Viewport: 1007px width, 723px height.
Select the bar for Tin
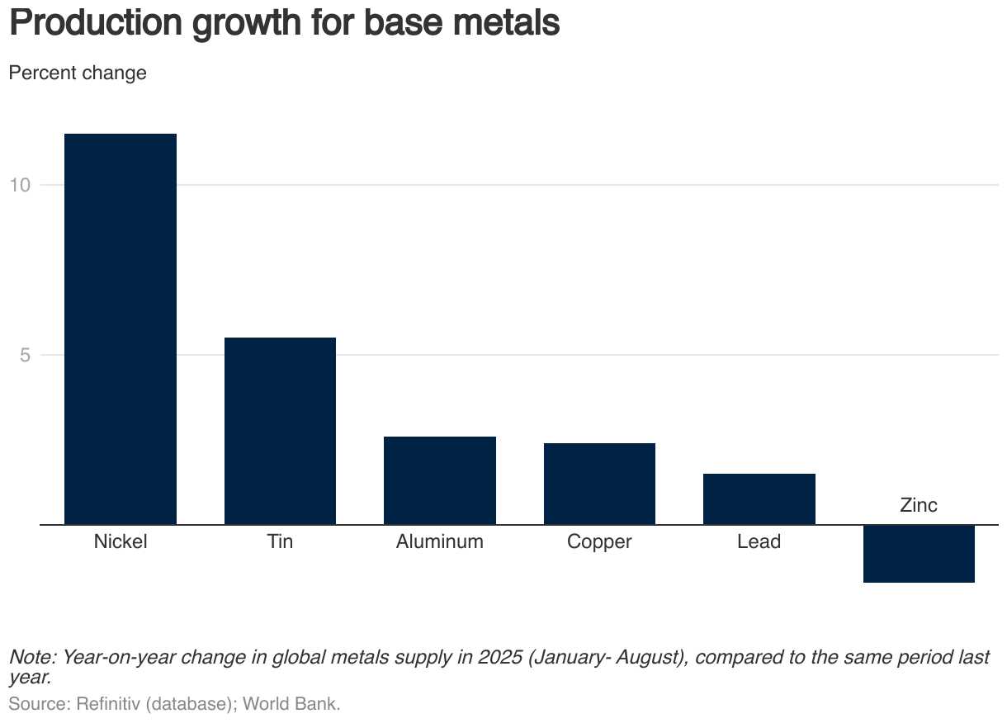(280, 431)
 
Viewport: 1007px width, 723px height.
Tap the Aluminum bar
(440, 480)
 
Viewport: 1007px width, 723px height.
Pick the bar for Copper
(599, 484)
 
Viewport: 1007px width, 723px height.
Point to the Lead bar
(759, 499)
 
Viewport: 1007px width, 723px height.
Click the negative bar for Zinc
(919, 554)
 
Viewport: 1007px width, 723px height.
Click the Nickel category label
(121, 542)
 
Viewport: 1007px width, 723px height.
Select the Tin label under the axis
(280, 542)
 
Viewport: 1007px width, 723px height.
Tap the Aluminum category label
(440, 542)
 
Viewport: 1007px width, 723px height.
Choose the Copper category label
(599, 542)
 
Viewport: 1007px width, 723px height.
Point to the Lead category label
(759, 542)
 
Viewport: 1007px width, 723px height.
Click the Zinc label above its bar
(919, 505)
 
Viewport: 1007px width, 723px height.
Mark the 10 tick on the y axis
(20, 185)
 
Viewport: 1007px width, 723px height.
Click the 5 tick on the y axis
(25, 355)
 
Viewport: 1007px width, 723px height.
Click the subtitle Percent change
(78, 73)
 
